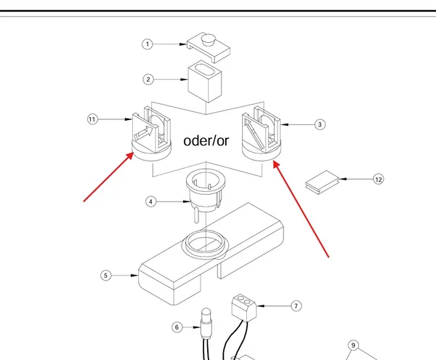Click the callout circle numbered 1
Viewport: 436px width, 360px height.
click(148, 44)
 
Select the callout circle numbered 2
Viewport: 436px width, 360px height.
click(148, 79)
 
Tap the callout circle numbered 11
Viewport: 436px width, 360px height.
click(92, 119)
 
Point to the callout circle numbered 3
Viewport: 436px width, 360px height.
click(320, 124)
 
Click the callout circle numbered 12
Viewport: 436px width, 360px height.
click(379, 179)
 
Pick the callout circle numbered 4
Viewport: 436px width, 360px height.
click(150, 201)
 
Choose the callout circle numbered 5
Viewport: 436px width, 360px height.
click(105, 276)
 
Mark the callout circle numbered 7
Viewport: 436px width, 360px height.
click(296, 306)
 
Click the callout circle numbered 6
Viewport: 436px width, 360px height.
click(177, 327)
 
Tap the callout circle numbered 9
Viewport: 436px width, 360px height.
click(353, 345)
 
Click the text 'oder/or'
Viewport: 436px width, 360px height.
click(206, 141)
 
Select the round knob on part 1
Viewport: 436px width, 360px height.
click(209, 39)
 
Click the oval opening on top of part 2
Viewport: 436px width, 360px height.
click(204, 69)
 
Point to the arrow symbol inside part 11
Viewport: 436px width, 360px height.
click(144, 132)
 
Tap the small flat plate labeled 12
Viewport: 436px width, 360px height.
click(323, 183)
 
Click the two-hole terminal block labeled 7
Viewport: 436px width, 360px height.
click(244, 308)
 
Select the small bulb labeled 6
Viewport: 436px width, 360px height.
click(206, 323)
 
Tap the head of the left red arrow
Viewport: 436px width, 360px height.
click(130, 156)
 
